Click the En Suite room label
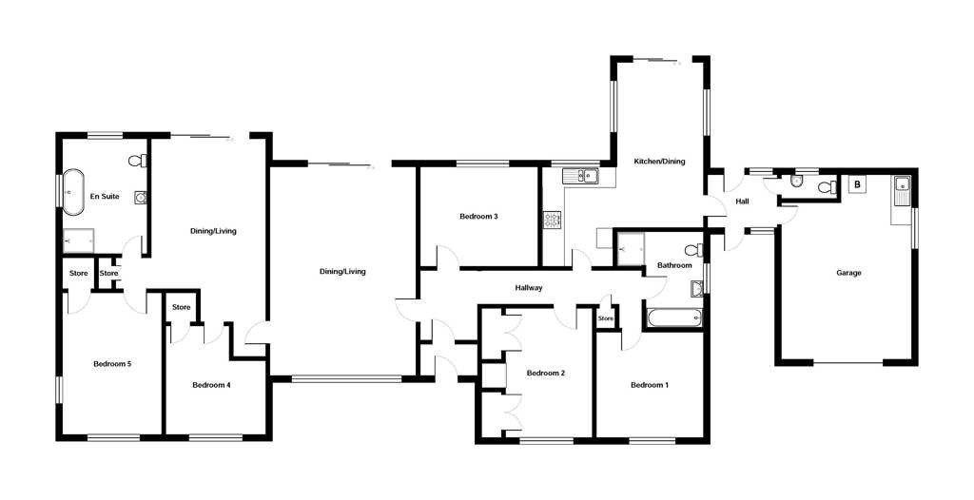(x=105, y=196)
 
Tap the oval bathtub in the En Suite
(x=72, y=192)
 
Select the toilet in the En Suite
(x=138, y=161)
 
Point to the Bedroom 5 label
(x=112, y=364)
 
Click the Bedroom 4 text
(x=211, y=385)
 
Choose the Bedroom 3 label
(x=479, y=217)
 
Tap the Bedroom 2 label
(x=545, y=374)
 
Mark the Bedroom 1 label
(x=650, y=385)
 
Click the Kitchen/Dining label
(x=659, y=162)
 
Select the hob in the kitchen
(x=553, y=220)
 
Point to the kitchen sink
(x=580, y=177)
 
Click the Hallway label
(x=529, y=288)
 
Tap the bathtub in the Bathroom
(x=674, y=318)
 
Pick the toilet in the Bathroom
(x=693, y=250)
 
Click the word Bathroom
(x=674, y=266)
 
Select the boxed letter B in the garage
(x=857, y=184)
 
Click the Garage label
(x=848, y=273)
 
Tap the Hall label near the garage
(x=742, y=202)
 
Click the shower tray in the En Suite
(x=78, y=240)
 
